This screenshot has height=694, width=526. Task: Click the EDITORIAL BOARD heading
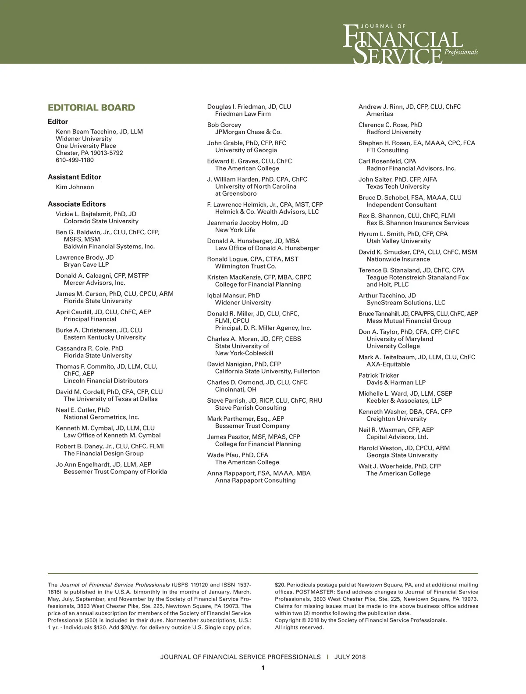(91, 108)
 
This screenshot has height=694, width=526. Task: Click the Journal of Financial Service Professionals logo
(409, 44)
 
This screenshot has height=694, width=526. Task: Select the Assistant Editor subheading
(74, 177)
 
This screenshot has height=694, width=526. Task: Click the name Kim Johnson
(75, 187)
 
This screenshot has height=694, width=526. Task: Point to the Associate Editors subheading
(77, 204)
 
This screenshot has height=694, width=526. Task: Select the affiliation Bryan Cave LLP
(86, 265)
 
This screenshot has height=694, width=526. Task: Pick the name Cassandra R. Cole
(89, 348)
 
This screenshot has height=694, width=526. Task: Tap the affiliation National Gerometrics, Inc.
(101, 417)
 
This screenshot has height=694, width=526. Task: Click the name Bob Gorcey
(224, 125)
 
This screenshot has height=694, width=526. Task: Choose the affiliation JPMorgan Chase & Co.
(248, 132)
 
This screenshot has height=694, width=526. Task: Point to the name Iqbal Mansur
(233, 296)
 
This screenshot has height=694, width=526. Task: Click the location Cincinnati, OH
(235, 390)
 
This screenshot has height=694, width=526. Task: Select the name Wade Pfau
(238, 455)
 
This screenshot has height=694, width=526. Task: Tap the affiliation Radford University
(394, 132)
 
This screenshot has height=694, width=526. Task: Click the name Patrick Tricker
(379, 376)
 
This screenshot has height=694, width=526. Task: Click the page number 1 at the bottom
(263, 668)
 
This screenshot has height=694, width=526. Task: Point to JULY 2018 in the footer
(350, 657)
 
